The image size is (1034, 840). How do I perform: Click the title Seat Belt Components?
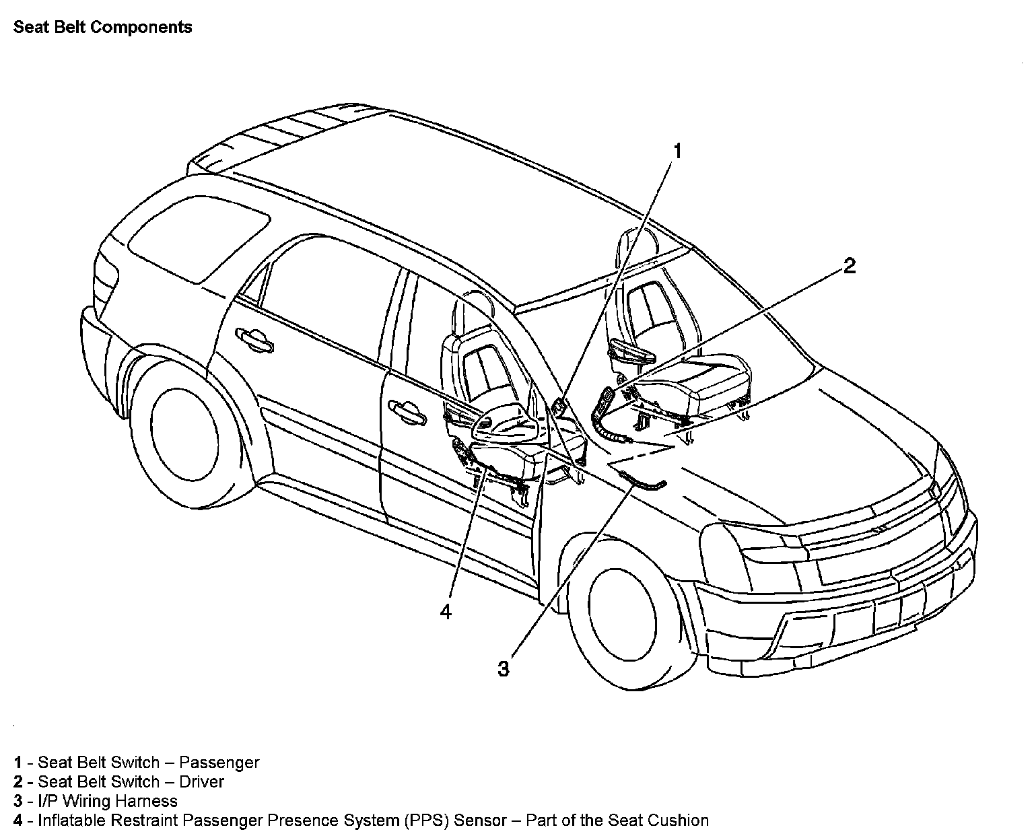(103, 28)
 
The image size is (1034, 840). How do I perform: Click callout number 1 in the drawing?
(678, 151)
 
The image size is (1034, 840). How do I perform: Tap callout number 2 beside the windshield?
(850, 266)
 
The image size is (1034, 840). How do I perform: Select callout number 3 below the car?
(504, 669)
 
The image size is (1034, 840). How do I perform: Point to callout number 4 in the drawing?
(446, 612)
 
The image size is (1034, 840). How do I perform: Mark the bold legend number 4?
(18, 820)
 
